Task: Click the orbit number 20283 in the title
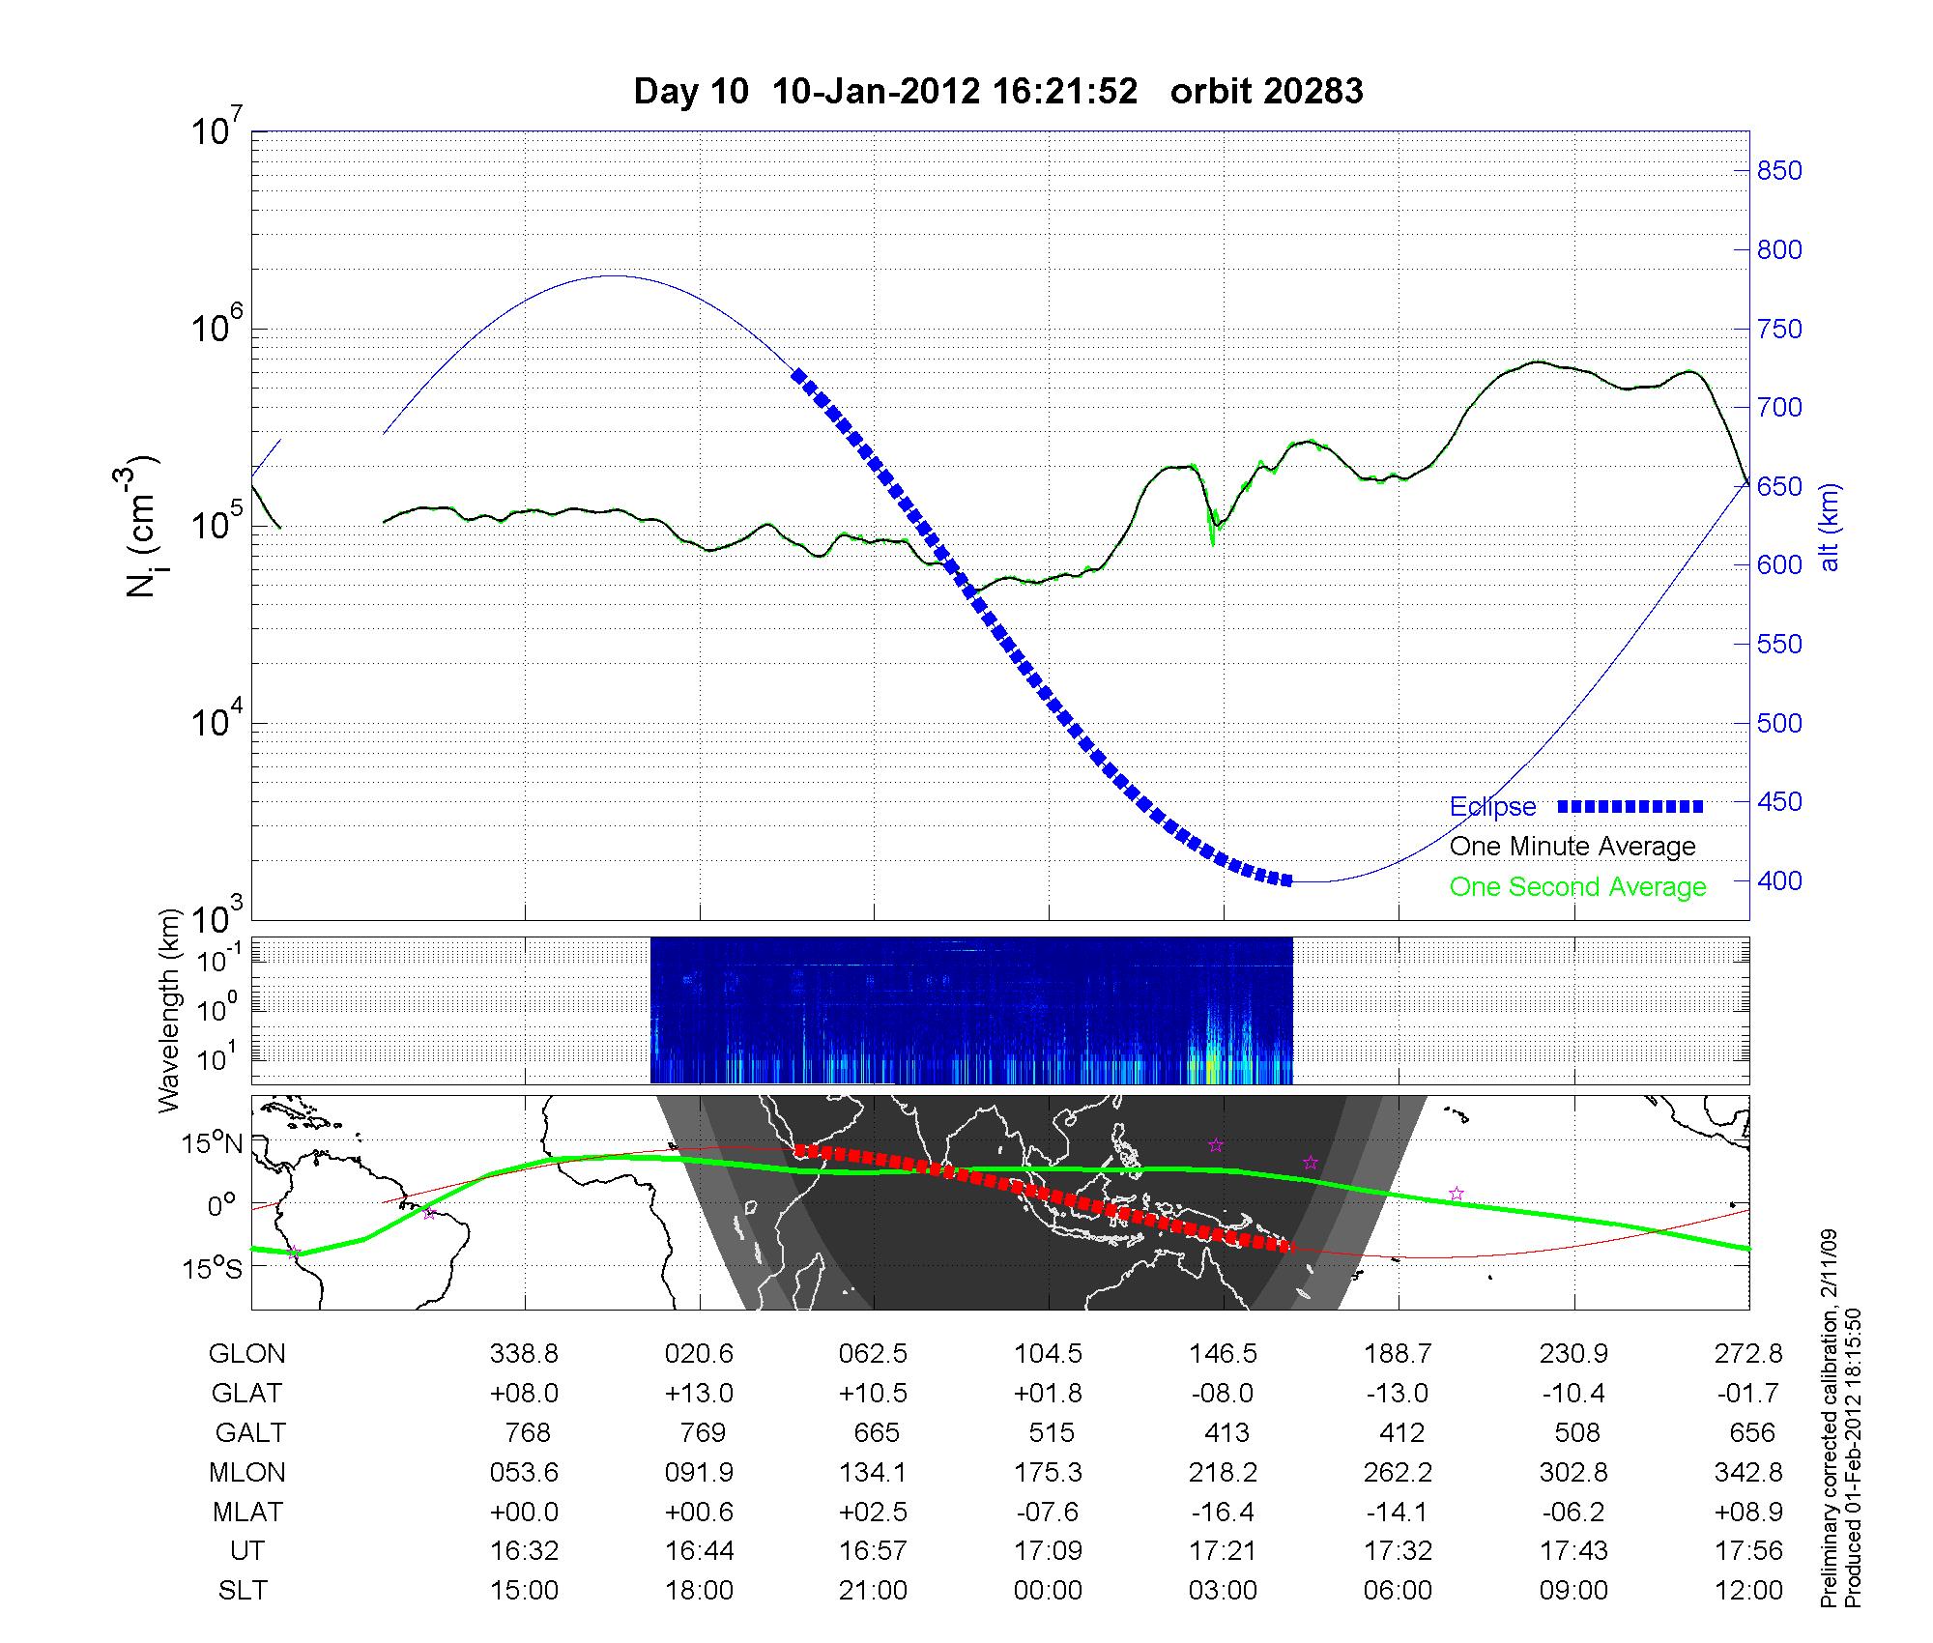1266,91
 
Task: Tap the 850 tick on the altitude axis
1779,171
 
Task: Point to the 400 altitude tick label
1779,880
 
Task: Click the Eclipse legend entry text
1492,806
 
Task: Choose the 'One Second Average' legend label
1577,886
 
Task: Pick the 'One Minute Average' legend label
1572,847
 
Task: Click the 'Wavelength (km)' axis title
171,1011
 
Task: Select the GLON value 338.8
524,1353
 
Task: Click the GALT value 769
702,1432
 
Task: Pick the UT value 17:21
1224,1551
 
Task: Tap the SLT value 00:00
1048,1591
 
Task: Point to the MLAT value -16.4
1224,1512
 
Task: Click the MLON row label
247,1472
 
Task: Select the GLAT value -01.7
1748,1393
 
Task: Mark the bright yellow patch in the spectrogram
1211,1067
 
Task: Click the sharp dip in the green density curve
1213,541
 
